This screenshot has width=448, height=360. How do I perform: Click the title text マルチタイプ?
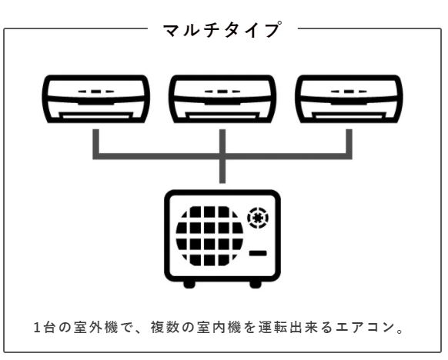tap(222, 29)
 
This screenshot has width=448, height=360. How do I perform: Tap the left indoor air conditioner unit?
tap(96, 99)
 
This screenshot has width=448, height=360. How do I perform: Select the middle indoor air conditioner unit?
tap(222, 99)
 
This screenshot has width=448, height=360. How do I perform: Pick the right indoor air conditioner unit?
tap(349, 99)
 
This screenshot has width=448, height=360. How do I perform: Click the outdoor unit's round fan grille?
tap(209, 236)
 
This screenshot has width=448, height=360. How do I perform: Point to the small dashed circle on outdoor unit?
tap(258, 218)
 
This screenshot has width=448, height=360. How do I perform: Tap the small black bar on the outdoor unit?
tap(258, 253)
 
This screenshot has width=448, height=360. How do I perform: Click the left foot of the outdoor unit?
tap(189, 284)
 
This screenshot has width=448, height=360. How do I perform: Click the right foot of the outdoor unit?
tap(256, 284)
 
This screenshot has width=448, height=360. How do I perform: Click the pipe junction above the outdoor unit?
tap(222, 156)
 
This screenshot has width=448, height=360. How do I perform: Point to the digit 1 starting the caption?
tap(37, 328)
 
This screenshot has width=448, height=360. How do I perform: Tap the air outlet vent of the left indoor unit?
tap(96, 116)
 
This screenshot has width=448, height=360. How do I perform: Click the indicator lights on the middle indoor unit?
tap(222, 92)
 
